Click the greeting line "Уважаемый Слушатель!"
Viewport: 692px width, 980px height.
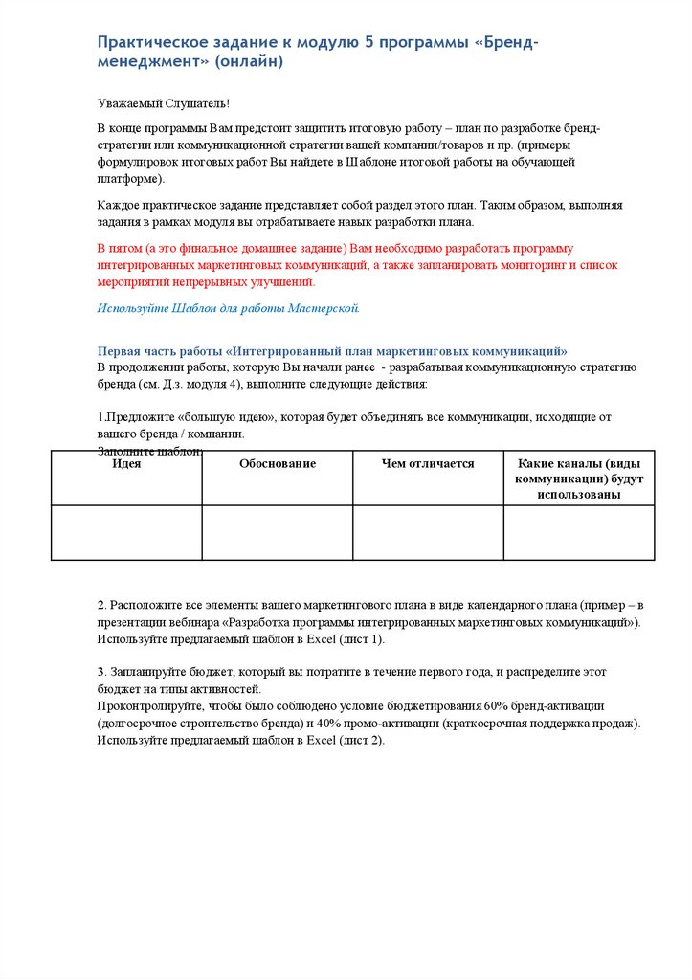point(164,102)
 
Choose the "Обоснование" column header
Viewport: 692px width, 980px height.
point(278,463)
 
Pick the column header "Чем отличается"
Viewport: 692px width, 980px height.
point(428,463)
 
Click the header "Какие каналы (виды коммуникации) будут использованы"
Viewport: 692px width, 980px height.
point(579,479)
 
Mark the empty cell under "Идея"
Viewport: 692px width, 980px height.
point(126,532)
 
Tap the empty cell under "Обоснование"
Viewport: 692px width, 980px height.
point(278,532)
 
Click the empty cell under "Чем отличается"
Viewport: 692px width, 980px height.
point(428,532)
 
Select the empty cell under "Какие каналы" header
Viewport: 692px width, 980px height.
point(579,532)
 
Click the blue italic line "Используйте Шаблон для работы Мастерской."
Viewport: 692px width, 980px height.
point(229,308)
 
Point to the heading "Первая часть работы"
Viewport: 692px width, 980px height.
point(158,351)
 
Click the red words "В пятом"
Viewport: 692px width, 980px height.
point(121,248)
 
